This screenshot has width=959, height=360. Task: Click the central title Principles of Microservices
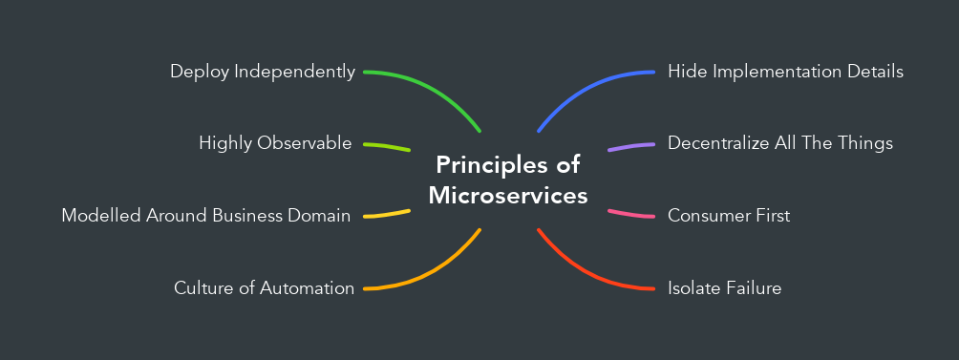pos(506,180)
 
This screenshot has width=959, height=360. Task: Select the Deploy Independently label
pos(263,72)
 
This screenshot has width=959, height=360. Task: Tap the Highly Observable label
pos(275,143)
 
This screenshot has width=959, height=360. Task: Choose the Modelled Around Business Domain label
pos(206,216)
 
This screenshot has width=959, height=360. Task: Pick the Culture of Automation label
pos(264,287)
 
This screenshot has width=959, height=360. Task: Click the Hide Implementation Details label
pos(785,72)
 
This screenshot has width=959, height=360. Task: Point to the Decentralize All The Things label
pos(779,143)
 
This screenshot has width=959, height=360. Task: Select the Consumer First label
pos(729,216)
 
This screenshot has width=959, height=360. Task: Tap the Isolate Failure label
pos(724,287)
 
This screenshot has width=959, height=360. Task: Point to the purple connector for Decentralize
pos(631,147)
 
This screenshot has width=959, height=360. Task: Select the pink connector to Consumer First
pos(631,213)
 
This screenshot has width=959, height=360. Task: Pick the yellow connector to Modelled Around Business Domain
pos(387,214)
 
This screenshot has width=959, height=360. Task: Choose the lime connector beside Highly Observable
pos(387,146)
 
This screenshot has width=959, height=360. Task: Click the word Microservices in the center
pos(507,196)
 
